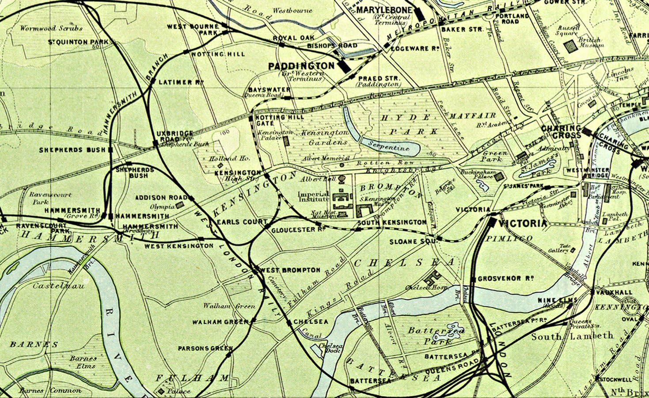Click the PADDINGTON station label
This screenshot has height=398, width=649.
pyautogui.click(x=301, y=66)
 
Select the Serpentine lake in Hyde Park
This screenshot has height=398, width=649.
pyautogui.click(x=389, y=145)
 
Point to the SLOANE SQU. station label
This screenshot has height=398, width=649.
pyautogui.click(x=413, y=241)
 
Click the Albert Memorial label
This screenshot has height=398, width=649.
pyautogui.click(x=326, y=158)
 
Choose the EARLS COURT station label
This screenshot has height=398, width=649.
pyautogui.click(x=242, y=222)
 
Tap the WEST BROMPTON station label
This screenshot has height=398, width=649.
pyautogui.click(x=289, y=270)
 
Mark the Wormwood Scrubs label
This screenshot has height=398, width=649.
pyautogui.click(x=51, y=28)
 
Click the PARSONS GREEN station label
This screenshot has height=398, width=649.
pyautogui.click(x=205, y=348)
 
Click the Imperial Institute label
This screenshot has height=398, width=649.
pyautogui.click(x=313, y=197)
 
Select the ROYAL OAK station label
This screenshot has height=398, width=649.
pyautogui.click(x=293, y=38)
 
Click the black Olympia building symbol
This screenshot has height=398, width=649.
pyautogui.click(x=180, y=205)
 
